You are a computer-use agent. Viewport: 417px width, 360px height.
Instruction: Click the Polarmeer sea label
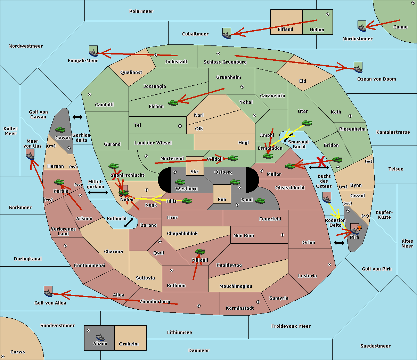(141, 11)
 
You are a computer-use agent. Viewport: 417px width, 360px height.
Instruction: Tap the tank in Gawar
(60, 129)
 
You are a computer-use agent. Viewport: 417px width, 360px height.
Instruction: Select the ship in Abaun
(100, 337)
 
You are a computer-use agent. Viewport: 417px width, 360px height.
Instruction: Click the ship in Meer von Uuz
(30, 154)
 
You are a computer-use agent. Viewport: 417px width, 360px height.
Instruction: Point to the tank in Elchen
(173, 103)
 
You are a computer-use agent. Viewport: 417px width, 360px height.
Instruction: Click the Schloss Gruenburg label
(225, 62)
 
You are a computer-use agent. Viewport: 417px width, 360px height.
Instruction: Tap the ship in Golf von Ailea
(48, 292)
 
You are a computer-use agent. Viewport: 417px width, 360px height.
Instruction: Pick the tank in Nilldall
(200, 252)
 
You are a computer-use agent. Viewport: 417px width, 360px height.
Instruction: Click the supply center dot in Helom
(328, 14)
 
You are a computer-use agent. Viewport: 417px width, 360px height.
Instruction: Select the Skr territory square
(195, 166)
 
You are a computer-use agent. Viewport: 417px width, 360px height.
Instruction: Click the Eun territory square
(222, 194)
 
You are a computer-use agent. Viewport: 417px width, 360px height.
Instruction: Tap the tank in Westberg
(180, 182)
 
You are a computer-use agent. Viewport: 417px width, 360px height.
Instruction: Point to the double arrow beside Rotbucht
(129, 223)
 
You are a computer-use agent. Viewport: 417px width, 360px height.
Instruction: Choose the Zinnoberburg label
(155, 302)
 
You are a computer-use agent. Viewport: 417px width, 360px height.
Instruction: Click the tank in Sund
(260, 201)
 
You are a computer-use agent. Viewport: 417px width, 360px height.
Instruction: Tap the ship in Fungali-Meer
(93, 51)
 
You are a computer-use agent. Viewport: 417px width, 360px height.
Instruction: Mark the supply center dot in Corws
(3, 357)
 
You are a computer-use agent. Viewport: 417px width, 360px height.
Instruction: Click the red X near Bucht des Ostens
(320, 162)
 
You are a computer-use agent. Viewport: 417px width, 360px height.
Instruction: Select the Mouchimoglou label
(236, 286)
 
